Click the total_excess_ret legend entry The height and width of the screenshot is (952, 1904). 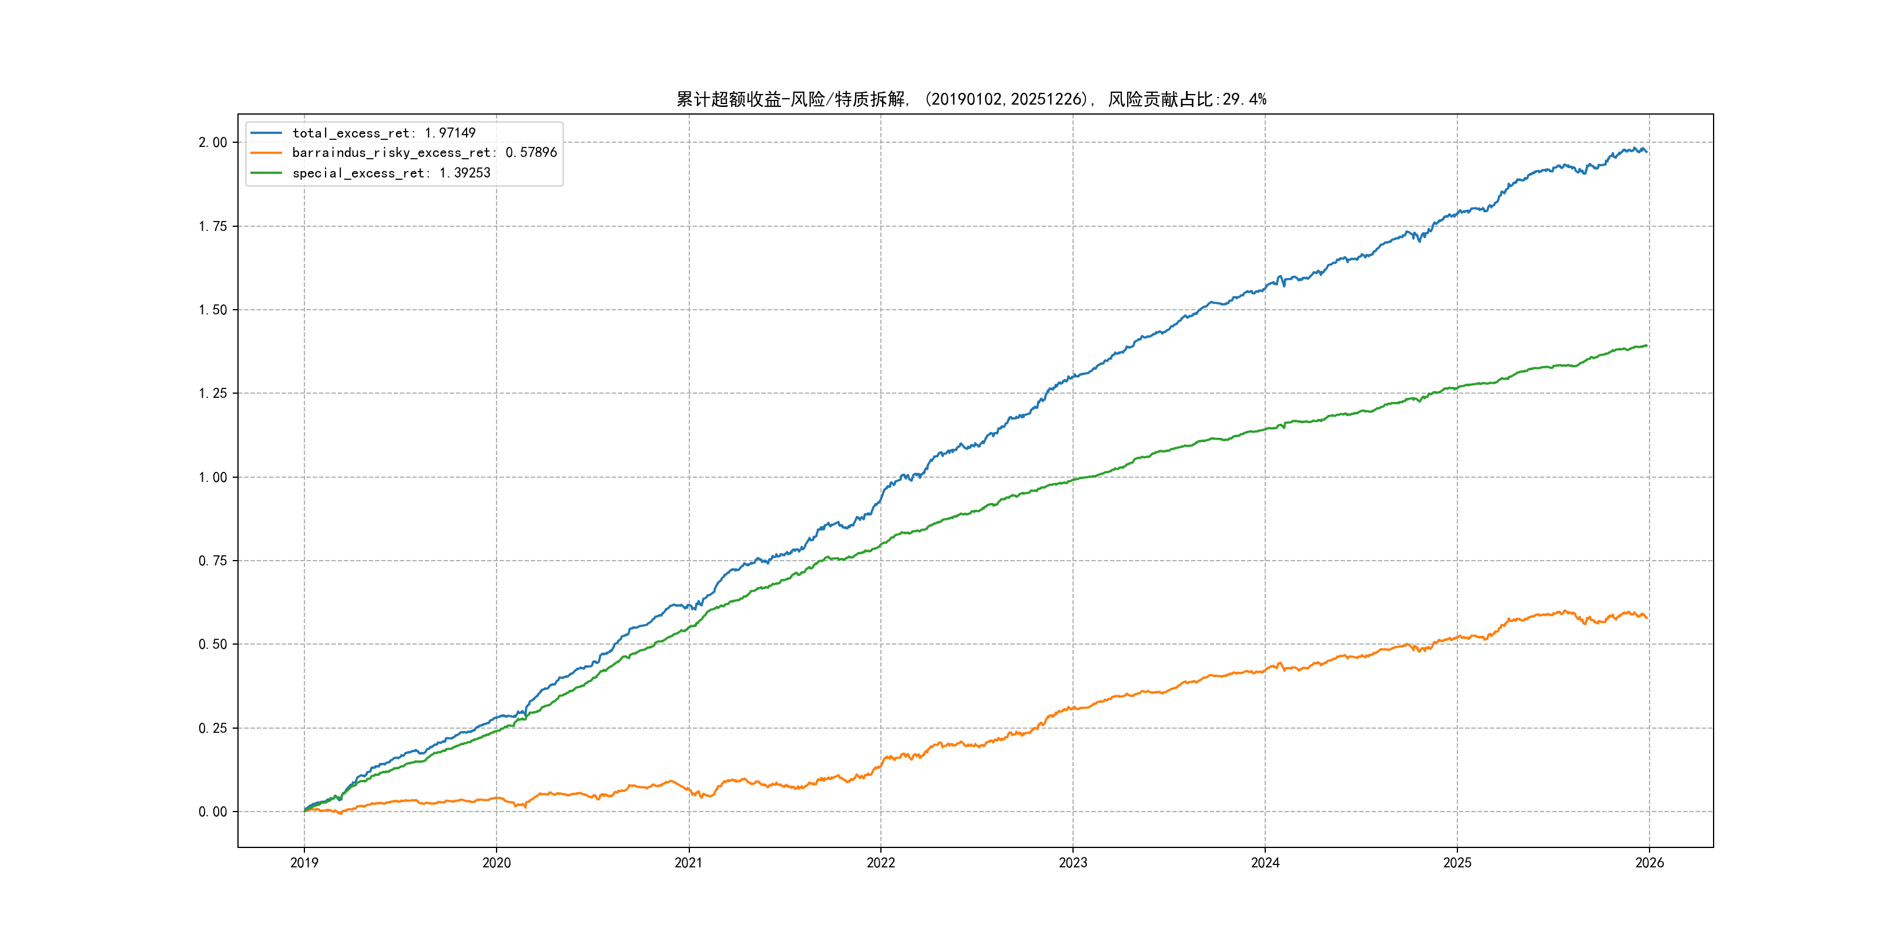384,133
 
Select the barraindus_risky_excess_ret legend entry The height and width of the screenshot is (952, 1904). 424,153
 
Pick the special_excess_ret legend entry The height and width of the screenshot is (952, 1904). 391,173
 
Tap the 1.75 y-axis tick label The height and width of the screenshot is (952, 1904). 213,226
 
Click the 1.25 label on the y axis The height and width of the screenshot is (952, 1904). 213,393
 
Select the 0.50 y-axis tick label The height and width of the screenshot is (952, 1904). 213,645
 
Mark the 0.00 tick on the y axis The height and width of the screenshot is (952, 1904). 213,812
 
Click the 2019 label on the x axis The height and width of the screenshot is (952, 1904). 304,863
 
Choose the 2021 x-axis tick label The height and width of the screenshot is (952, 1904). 689,863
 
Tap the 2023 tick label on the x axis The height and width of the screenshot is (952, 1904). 1073,863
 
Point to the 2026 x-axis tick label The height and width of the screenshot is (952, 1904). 1650,863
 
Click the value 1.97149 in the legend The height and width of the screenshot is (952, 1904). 450,133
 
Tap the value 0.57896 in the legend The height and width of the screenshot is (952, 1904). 531,153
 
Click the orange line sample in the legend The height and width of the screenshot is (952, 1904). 266,153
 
